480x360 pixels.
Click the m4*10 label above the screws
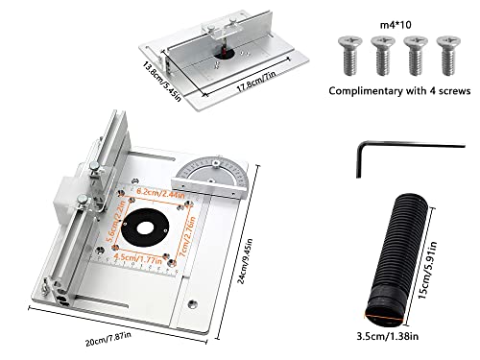(378, 15)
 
